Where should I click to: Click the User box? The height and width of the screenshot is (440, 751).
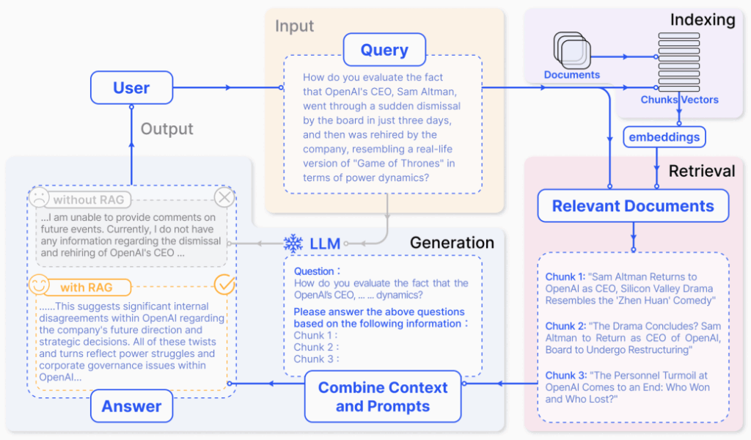click(x=131, y=88)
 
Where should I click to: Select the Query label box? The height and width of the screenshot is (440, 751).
click(x=384, y=50)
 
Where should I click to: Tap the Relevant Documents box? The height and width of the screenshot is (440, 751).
click(x=633, y=206)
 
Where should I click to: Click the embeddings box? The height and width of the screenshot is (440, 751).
click(x=664, y=136)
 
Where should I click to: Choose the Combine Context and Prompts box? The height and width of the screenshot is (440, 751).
click(x=383, y=397)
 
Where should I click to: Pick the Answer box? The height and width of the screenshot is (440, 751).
click(x=132, y=406)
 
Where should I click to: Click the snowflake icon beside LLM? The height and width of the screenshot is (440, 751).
click(x=293, y=243)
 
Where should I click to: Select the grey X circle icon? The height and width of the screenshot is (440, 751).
click(x=224, y=198)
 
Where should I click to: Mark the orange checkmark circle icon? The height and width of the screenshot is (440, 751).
click(x=224, y=285)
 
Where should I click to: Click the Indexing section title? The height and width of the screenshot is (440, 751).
click(x=702, y=20)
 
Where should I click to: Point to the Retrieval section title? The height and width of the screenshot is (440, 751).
click(x=701, y=171)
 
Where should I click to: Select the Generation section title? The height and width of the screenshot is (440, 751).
click(x=452, y=243)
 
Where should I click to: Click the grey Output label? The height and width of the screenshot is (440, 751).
click(x=167, y=129)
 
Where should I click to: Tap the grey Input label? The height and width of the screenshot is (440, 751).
click(x=295, y=26)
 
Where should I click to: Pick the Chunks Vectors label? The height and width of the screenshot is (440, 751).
click(x=679, y=100)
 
